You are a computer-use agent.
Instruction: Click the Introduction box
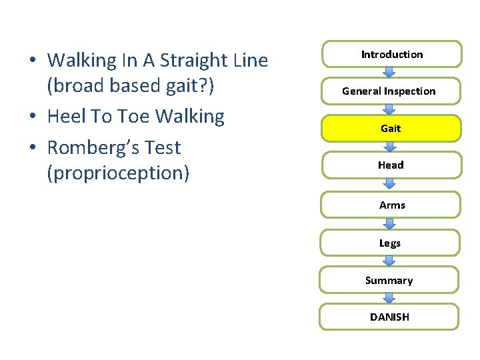pos(392,55)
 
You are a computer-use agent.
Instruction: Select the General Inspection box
pos(389,91)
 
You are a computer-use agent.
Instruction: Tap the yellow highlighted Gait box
pos(390,128)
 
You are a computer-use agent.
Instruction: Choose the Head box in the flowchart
pos(390,165)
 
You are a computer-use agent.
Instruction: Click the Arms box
pos(390,205)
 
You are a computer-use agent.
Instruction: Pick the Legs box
pos(390,243)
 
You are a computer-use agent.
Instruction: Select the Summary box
pos(389,281)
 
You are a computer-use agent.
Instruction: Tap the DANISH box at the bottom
pos(389,317)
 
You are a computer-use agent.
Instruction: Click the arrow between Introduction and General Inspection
pos(390,73)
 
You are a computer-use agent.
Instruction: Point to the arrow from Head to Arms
pos(390,185)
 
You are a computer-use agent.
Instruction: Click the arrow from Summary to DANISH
pos(390,299)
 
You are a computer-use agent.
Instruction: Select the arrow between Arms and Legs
pos(390,224)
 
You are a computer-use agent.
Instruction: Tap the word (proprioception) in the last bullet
pos(118,173)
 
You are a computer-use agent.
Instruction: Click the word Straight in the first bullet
pos(187,61)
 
